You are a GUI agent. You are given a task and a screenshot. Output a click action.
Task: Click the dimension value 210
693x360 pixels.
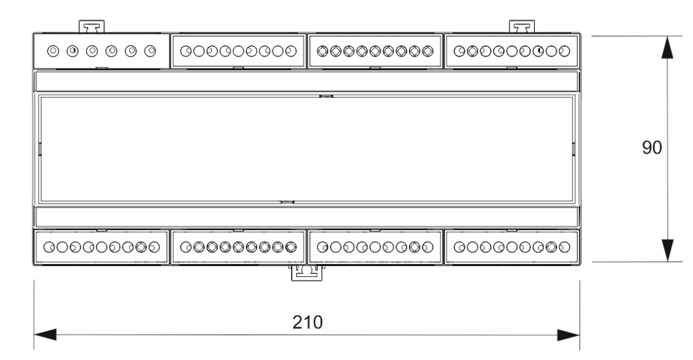306,322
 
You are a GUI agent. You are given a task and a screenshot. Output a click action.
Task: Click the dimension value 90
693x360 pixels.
652,148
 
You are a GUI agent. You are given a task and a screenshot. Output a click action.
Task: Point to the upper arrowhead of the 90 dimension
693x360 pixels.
668,48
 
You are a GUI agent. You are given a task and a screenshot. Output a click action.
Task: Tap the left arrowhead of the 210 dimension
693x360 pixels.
45,335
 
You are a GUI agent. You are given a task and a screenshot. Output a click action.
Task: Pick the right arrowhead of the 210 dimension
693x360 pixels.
567,335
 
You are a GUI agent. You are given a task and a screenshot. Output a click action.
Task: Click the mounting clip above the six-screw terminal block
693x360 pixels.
93,27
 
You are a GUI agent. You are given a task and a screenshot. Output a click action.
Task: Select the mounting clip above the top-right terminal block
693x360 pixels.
523,27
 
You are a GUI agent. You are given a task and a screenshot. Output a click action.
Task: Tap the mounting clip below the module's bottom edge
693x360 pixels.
305,272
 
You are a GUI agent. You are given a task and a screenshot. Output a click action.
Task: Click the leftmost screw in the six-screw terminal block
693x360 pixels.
54,50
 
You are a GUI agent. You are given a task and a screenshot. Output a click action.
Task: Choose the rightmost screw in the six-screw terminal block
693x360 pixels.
151,50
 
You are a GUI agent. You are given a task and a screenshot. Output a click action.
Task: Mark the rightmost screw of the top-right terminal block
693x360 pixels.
566,51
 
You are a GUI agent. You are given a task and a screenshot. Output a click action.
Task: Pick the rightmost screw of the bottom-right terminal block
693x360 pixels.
565,247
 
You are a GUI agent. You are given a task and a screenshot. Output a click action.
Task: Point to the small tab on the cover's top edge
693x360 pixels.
326,97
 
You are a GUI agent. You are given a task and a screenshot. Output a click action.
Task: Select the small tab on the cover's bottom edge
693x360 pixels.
287,202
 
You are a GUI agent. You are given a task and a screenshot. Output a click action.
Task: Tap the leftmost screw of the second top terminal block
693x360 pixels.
185,51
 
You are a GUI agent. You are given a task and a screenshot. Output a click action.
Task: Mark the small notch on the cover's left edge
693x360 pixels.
39,149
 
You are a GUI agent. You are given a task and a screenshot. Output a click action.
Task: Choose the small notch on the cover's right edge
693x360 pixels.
574,149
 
